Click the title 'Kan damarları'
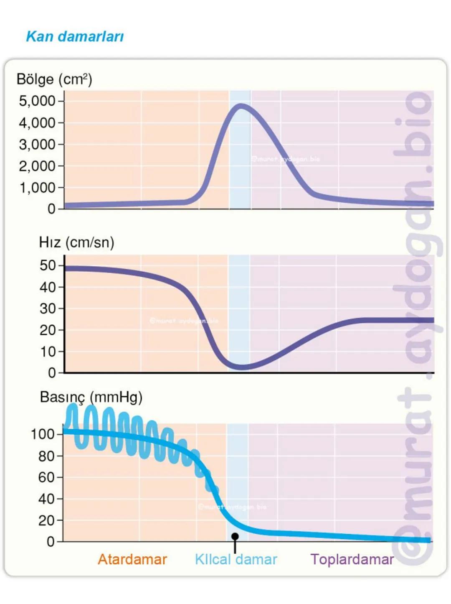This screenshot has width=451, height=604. point(75,36)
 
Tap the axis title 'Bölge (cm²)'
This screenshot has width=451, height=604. point(54,79)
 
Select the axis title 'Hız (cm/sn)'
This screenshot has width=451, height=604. point(76,242)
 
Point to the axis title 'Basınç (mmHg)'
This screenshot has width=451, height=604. point(91,397)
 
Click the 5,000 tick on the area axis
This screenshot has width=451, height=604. point(37,101)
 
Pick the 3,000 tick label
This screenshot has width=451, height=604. point(37,144)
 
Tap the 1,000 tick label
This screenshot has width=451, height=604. point(37,188)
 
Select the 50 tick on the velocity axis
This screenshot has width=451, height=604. point(48,265)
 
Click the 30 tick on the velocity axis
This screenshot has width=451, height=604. point(48,308)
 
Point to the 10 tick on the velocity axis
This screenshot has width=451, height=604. point(48,352)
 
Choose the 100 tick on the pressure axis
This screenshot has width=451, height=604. point(43,434)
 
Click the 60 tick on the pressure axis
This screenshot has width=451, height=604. point(46,477)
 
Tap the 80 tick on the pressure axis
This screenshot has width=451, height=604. point(46,456)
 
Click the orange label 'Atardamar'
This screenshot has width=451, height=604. point(132,559)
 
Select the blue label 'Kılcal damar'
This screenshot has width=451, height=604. point(236,559)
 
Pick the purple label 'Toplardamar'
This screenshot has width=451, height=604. point(352,559)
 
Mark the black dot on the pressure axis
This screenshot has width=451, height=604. point(235,536)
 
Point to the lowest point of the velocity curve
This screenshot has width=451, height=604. point(241,367)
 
